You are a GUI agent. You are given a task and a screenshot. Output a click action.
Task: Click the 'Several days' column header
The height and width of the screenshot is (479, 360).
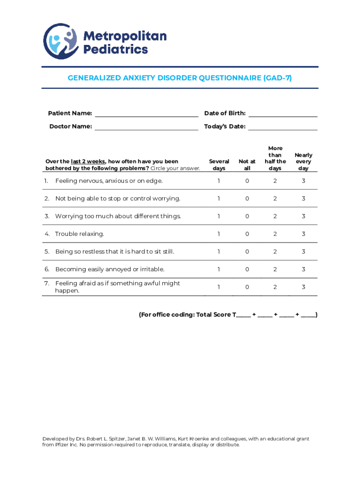click(x=219, y=165)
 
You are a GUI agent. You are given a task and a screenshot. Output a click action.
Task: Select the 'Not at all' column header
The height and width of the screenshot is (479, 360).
click(x=247, y=165)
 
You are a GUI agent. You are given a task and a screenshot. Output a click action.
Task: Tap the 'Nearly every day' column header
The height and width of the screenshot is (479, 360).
click(x=303, y=161)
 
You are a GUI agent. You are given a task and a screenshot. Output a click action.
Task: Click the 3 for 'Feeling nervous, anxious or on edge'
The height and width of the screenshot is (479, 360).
click(x=303, y=181)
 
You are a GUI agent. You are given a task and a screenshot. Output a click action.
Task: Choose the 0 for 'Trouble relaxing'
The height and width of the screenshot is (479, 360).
click(x=247, y=234)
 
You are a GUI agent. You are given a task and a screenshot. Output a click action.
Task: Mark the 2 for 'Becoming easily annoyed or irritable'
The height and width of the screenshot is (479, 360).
click(x=275, y=269)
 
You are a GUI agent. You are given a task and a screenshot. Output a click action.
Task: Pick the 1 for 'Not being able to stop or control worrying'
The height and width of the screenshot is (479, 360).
click(x=219, y=198)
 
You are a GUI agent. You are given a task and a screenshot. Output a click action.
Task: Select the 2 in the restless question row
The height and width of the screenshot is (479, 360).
click(x=275, y=252)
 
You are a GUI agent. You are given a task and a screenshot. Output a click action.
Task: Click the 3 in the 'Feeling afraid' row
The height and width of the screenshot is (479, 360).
click(x=303, y=287)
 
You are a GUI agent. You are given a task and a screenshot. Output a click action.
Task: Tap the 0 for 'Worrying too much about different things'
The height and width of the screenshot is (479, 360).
click(x=247, y=216)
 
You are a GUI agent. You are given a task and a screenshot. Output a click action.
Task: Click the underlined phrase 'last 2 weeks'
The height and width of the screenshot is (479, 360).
click(x=88, y=161)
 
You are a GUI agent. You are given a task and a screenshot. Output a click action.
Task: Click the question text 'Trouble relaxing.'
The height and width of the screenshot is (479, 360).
click(x=79, y=234)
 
